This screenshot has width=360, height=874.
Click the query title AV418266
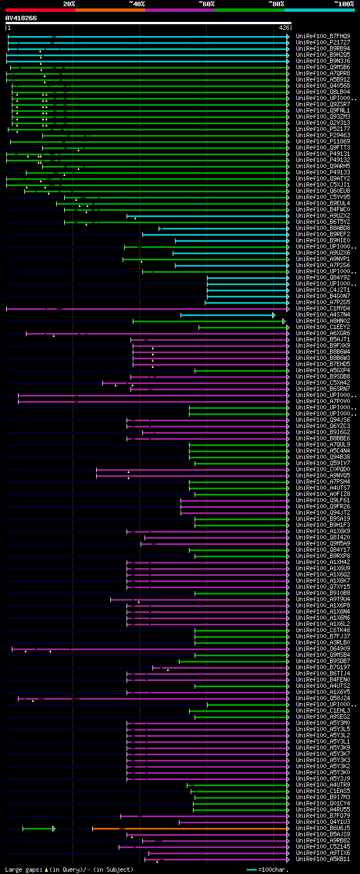click(21, 18)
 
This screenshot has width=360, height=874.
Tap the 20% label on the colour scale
click(69, 3)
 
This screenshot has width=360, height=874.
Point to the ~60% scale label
click(206, 3)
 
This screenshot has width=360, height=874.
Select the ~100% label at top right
click(344, 3)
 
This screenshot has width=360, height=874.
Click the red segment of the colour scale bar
click(40, 10)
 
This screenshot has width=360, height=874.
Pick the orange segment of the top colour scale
click(110, 10)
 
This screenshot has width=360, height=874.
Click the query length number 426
click(284, 27)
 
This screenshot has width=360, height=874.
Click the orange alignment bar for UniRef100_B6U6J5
click(191, 828)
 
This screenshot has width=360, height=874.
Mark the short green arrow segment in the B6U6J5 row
click(38, 828)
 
